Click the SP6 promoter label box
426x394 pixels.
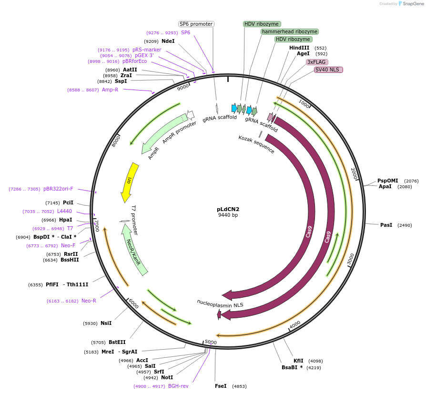pos(196,24)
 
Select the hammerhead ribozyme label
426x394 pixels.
pos(289,31)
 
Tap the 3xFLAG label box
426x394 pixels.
pos(317,62)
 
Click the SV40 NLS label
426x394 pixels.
pos(328,70)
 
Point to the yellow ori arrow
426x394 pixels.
pos(129,181)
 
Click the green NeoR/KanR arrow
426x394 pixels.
pos(134,251)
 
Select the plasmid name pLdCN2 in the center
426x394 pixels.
pos(228,209)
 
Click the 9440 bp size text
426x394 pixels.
pos(228,215)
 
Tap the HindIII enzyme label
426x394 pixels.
pos(299,48)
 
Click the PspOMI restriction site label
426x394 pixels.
pos(387,181)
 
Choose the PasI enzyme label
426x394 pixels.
pos(386,225)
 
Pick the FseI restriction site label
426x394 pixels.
pos(221,386)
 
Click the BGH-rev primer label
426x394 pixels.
pos(178,386)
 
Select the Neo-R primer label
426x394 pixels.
pos(89,301)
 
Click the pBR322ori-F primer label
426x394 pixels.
pos(59,189)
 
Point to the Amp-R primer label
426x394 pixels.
pos(110,90)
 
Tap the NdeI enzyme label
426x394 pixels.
pos(168,41)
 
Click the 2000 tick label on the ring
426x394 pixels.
pos(354,173)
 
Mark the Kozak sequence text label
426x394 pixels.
pos(256,144)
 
